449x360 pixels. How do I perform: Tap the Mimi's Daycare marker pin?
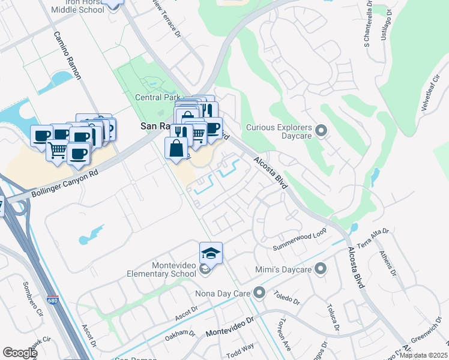[x=321, y=269]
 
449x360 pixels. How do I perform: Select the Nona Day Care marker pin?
[x=259, y=293]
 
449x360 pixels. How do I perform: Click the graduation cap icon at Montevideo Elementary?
[x=211, y=253]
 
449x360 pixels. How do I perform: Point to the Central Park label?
[x=158, y=97]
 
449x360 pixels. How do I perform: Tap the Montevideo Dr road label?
[x=230, y=328]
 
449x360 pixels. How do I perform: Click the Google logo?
[x=20, y=352]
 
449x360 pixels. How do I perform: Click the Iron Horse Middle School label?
[x=78, y=6]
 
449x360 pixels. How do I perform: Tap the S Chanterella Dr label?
[x=367, y=25]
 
